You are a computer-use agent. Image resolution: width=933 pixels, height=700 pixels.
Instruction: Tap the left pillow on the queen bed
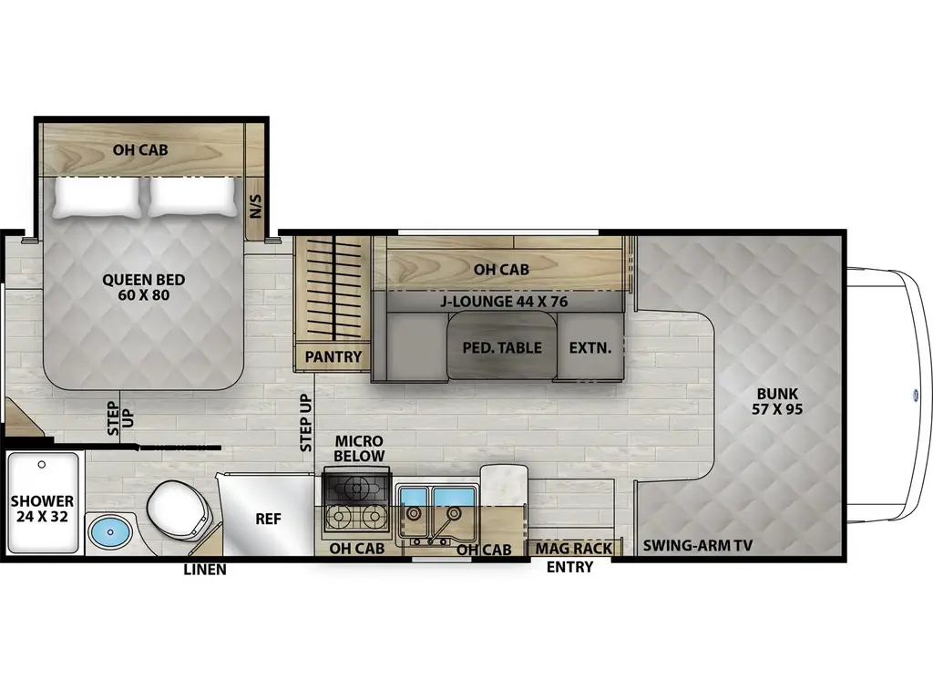point(98,196)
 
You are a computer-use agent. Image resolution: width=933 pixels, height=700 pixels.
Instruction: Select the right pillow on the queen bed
point(191,196)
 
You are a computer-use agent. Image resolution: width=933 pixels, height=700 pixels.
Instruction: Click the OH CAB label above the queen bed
point(139,150)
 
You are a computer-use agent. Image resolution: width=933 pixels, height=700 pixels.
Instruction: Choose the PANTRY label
point(333,356)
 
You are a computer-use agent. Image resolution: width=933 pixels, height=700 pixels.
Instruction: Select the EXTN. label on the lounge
point(590,347)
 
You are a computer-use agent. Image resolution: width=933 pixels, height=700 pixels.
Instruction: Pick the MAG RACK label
point(573,549)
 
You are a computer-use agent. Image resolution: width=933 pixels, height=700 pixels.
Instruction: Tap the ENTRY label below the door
point(569,567)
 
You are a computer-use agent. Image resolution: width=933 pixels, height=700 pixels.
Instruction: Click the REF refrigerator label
point(267,520)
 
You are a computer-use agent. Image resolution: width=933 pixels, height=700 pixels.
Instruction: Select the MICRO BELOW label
point(359,448)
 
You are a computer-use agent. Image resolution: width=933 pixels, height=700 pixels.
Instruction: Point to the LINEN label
point(204,570)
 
